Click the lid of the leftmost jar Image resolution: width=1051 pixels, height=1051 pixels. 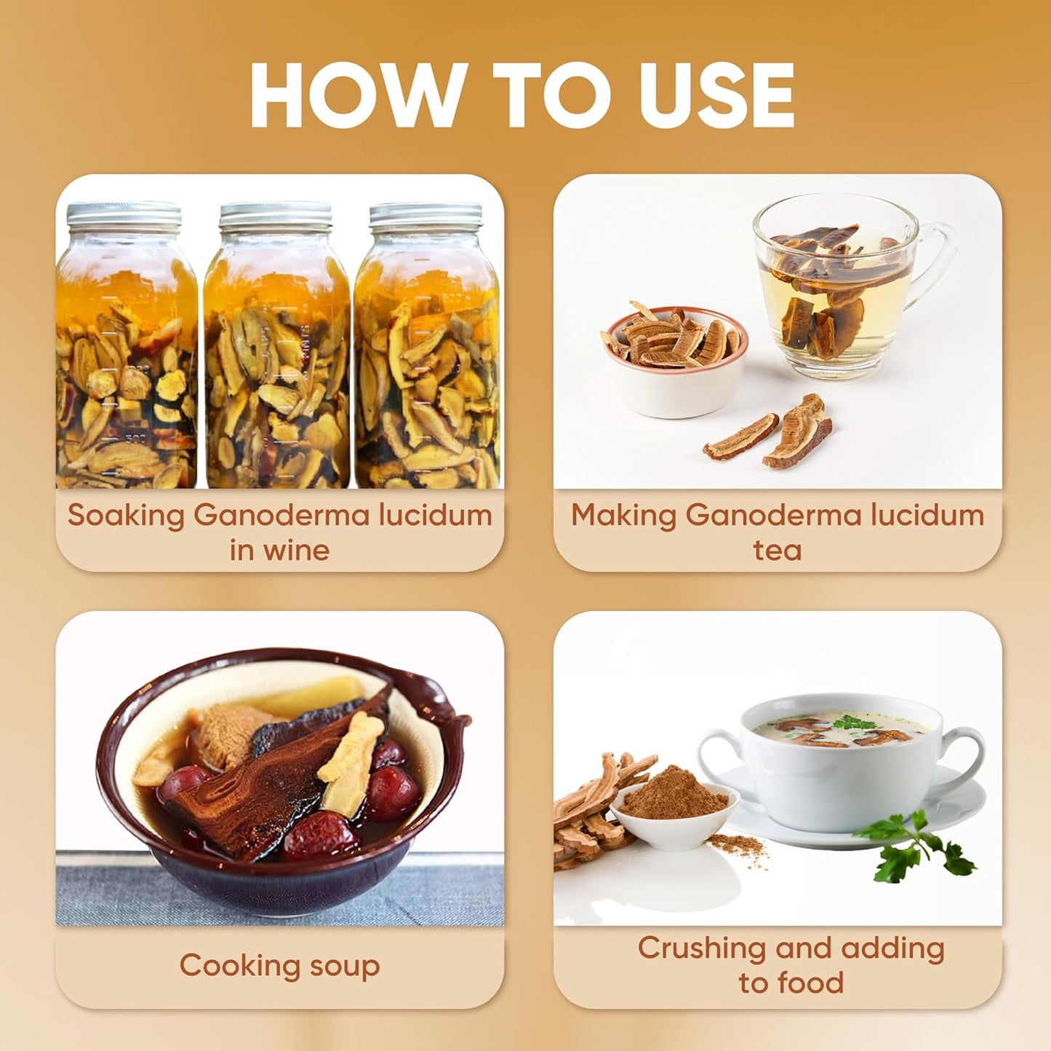click(x=124, y=215)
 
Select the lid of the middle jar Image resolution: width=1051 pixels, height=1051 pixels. click(x=276, y=215)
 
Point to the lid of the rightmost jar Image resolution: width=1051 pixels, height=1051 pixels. click(x=426, y=216)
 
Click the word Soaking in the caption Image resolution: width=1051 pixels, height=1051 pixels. click(x=126, y=516)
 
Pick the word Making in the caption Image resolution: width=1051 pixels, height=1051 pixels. click(x=623, y=516)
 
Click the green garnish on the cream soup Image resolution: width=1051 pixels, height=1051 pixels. click(x=855, y=723)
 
